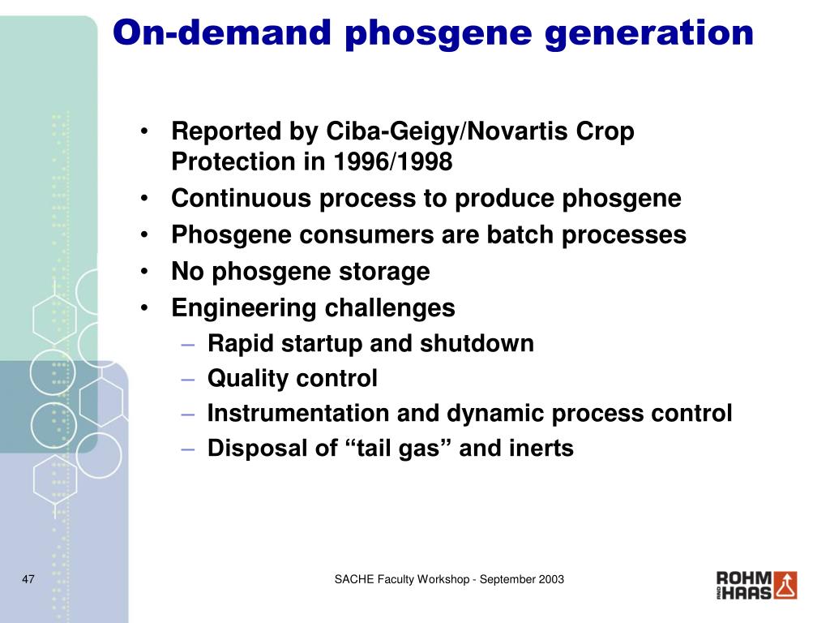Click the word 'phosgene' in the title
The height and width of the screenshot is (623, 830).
tap(439, 34)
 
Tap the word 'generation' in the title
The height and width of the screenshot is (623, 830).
tap(649, 34)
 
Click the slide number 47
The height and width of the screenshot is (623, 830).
tap(28, 579)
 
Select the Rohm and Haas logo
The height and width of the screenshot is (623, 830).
tap(756, 586)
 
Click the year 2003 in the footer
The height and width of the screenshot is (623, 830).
tap(551, 579)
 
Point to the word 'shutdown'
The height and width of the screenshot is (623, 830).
tap(477, 343)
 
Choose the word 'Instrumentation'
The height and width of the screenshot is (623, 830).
tap(298, 413)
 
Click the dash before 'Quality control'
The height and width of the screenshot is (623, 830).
tap(188, 380)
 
